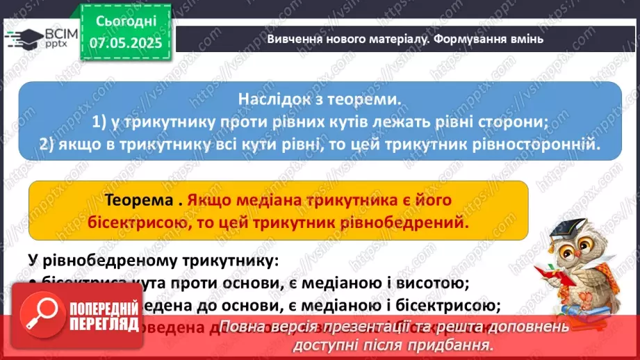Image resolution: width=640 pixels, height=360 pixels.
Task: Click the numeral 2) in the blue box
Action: click(x=50, y=145)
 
